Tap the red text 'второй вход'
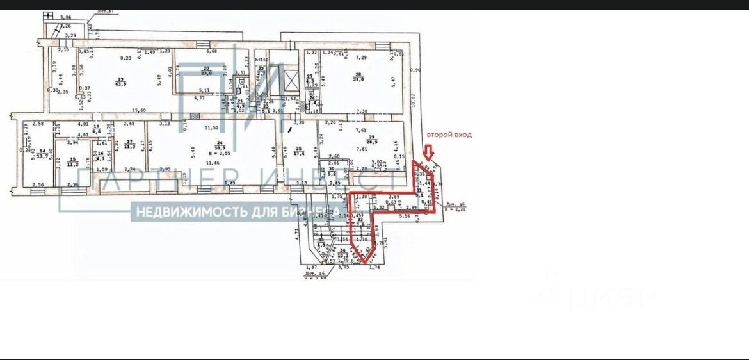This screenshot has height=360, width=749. (x=450, y=135)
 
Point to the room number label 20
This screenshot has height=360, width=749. (x=206, y=67)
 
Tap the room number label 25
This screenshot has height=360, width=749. (x=298, y=148)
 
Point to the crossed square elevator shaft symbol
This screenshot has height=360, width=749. (x=291, y=81)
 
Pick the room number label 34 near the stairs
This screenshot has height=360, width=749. (x=343, y=250)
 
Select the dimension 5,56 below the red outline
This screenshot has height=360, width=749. (x=405, y=217)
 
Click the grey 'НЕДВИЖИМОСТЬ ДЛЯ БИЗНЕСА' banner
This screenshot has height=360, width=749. (x=236, y=211)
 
